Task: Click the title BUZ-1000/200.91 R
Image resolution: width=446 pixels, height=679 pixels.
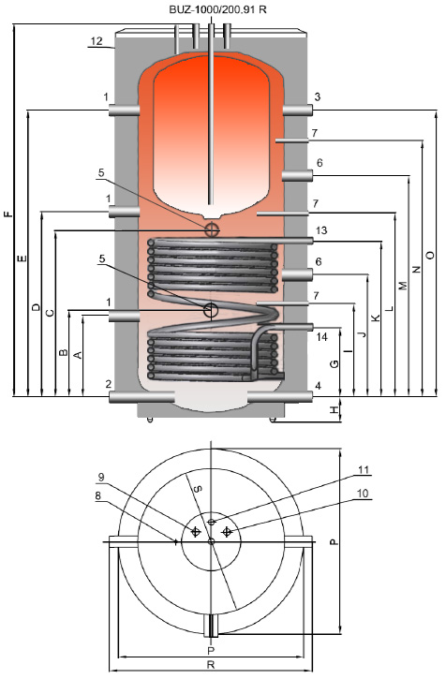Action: pyautogui.click(x=217, y=9)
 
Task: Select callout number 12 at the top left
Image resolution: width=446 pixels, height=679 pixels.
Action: pyautogui.click(x=97, y=40)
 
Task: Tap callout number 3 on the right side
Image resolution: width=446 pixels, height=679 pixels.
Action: pyautogui.click(x=318, y=96)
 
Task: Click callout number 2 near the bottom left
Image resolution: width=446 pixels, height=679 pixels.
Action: pyautogui.click(x=109, y=384)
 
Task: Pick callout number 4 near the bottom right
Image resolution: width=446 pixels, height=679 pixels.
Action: pyautogui.click(x=319, y=386)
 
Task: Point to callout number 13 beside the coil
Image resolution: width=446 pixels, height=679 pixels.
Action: pyautogui.click(x=321, y=230)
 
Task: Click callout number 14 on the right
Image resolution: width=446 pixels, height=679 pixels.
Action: pyautogui.click(x=322, y=336)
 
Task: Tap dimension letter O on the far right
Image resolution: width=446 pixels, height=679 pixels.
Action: pyautogui.click(x=429, y=255)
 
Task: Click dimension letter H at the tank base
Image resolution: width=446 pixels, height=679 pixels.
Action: pyautogui.click(x=334, y=409)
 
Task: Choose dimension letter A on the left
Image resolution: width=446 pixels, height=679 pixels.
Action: pyautogui.click(x=78, y=355)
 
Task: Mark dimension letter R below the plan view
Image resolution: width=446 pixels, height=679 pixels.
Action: pyautogui.click(x=211, y=665)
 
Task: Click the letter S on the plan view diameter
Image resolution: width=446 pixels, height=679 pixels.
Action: pyautogui.click(x=198, y=489)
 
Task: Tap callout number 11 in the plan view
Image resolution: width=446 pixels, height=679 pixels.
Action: pyautogui.click(x=364, y=470)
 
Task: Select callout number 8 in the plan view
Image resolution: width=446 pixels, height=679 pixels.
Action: pyautogui.click(x=98, y=495)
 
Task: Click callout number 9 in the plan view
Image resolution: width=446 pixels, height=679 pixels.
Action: pyautogui.click(x=101, y=478)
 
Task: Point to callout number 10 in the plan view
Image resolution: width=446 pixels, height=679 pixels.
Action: pyautogui.click(x=363, y=494)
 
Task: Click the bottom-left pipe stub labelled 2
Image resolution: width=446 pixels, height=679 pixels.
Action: pyautogui.click(x=141, y=397)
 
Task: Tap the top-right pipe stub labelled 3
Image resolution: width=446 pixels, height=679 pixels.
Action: pyautogui.click(x=298, y=111)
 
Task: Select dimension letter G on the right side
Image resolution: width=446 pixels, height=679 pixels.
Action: pyautogui.click(x=334, y=363)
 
